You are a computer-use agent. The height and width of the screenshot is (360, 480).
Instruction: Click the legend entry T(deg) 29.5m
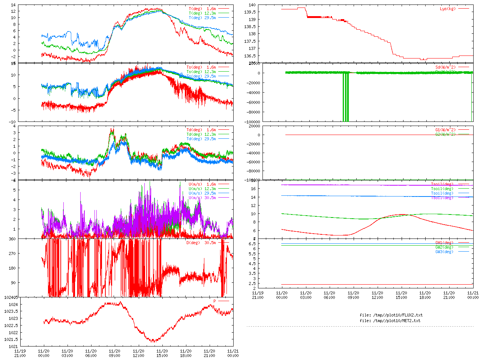(x=202, y=18)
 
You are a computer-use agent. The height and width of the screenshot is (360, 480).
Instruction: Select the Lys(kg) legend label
(x=448, y=9)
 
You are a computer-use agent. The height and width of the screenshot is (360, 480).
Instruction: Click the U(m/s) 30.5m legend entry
(x=202, y=198)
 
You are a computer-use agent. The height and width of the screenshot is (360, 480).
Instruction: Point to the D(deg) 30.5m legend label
(x=201, y=243)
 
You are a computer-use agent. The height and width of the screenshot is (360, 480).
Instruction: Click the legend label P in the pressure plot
(x=215, y=301)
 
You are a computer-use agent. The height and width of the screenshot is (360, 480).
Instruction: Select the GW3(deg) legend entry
(x=444, y=252)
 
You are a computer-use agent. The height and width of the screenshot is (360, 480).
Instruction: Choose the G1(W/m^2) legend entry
(x=445, y=130)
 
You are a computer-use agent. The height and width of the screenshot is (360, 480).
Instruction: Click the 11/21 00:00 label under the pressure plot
(x=233, y=353)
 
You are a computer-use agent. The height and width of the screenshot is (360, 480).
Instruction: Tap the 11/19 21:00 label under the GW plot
(x=258, y=295)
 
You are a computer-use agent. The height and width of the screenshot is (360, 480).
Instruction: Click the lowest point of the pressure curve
(x=153, y=341)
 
